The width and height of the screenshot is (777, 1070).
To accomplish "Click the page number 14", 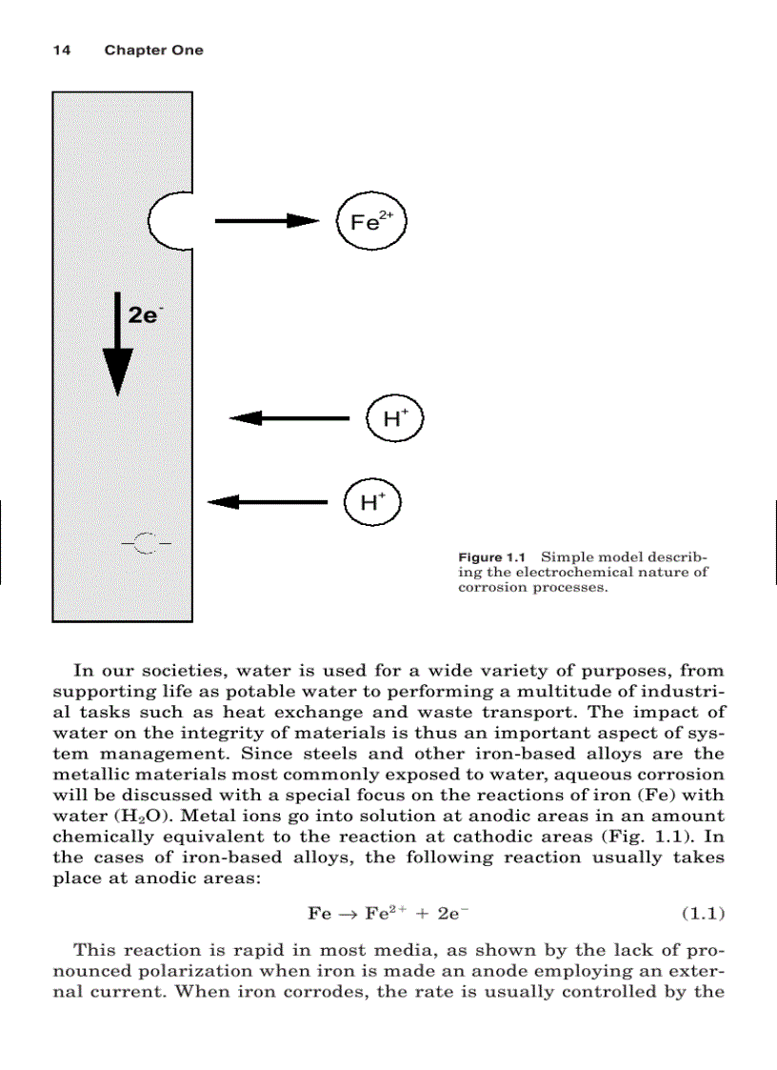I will click(x=61, y=50).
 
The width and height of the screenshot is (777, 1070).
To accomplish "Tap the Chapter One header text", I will click(x=153, y=50).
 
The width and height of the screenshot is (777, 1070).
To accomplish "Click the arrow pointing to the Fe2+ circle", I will click(x=267, y=221).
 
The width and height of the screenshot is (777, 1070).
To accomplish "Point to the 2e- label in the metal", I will click(x=144, y=314).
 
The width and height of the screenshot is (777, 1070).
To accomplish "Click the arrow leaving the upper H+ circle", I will click(x=290, y=417).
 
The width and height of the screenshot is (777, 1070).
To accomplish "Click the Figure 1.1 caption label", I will click(x=492, y=557).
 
